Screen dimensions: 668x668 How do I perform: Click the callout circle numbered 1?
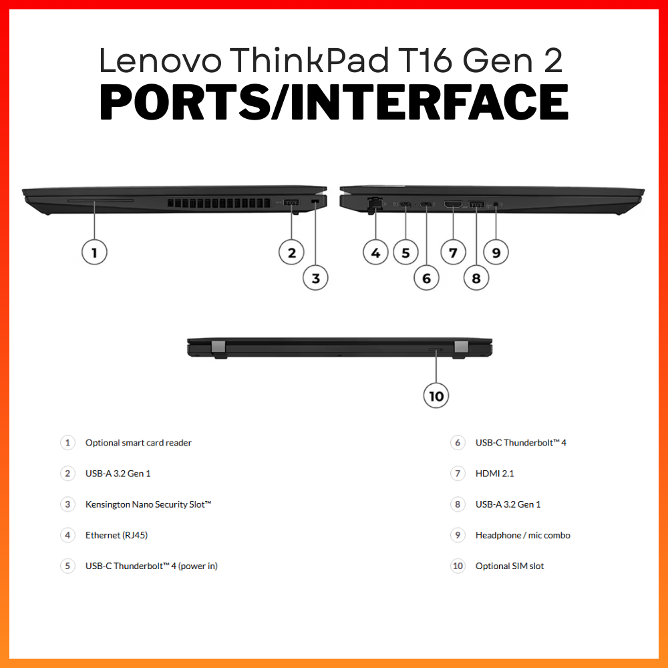[x=94, y=253]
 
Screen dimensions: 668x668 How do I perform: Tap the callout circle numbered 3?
[x=315, y=278]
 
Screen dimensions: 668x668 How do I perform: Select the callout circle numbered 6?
[x=426, y=278]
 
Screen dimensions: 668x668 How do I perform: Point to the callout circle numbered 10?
[x=436, y=395]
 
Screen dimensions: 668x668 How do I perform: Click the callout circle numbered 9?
[x=496, y=253]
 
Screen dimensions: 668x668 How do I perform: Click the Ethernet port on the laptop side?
[x=374, y=204]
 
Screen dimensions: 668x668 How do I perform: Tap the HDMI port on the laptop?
[x=453, y=204]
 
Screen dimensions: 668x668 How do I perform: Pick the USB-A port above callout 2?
[x=291, y=203]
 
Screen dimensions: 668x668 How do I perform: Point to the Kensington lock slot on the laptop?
[x=315, y=201]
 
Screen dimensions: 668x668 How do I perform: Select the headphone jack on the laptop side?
[x=496, y=205]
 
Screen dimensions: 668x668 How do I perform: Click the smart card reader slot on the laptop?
[x=101, y=200]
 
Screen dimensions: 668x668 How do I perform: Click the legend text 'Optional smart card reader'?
[x=138, y=443]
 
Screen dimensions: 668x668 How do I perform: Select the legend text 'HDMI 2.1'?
[x=494, y=474]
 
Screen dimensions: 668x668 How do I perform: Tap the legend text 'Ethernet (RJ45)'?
[x=116, y=535]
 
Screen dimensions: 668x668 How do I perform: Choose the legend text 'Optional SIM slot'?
[x=510, y=566]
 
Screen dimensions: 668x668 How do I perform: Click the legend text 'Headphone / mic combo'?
[x=523, y=535]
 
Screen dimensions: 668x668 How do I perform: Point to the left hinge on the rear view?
[x=218, y=347]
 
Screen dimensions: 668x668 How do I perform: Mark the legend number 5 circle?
[x=67, y=566]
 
